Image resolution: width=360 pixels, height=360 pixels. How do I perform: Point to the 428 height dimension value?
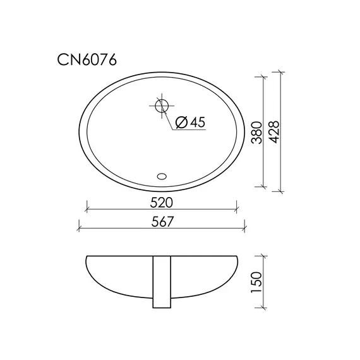tap(274, 133)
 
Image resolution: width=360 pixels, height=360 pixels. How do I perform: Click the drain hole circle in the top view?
tap(162, 105)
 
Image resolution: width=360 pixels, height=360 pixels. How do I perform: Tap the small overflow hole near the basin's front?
tap(162, 176)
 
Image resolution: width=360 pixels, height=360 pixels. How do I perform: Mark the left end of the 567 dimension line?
tap(79, 227)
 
